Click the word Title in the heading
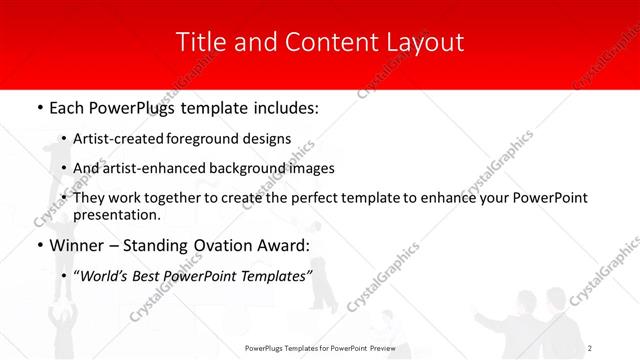coord(200,42)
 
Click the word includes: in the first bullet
coord(282,106)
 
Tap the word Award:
coord(283,245)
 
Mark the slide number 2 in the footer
coord(591,347)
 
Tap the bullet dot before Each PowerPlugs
coord(39,107)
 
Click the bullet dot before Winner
coord(39,246)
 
